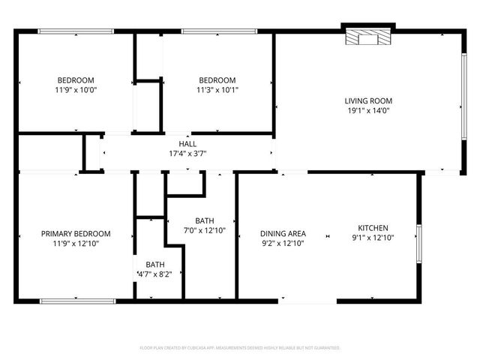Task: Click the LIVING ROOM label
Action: (368, 101)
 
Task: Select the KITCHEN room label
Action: (372, 228)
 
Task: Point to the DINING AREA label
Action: (283, 233)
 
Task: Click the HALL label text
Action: (187, 144)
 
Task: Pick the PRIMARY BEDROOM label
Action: (76, 234)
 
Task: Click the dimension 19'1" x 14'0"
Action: (368, 111)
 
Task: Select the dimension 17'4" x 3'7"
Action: (187, 154)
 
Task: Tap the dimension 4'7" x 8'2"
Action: (155, 274)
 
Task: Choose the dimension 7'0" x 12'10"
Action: (205, 230)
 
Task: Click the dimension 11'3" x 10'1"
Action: (217, 90)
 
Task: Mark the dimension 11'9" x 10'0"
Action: (76, 90)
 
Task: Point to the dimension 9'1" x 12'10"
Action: (372, 238)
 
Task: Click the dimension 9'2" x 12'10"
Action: (283, 243)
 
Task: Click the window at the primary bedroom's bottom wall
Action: (78, 301)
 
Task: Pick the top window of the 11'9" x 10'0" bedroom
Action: (76, 31)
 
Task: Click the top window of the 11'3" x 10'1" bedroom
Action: (217, 31)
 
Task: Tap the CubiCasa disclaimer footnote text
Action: (240, 348)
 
